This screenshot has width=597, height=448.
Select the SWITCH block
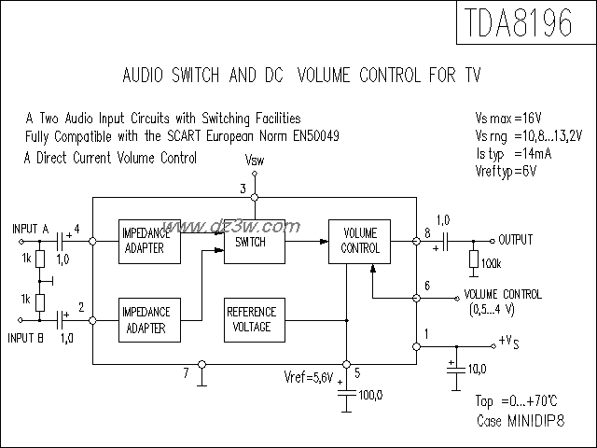pyautogui.click(x=251, y=242)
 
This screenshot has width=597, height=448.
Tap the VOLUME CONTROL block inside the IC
pyautogui.click(x=361, y=242)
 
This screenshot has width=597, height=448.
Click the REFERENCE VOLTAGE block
pyautogui.click(x=251, y=319)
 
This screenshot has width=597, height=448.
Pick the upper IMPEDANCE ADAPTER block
pyautogui.click(x=144, y=242)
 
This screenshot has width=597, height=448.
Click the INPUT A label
pyautogui.click(x=32, y=228)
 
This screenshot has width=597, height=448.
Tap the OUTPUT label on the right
pyautogui.click(x=515, y=240)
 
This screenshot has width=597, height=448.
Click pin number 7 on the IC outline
pyautogui.click(x=186, y=373)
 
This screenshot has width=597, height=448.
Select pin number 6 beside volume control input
pyautogui.click(x=427, y=286)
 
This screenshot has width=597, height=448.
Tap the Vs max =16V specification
pyautogui.click(x=509, y=119)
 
